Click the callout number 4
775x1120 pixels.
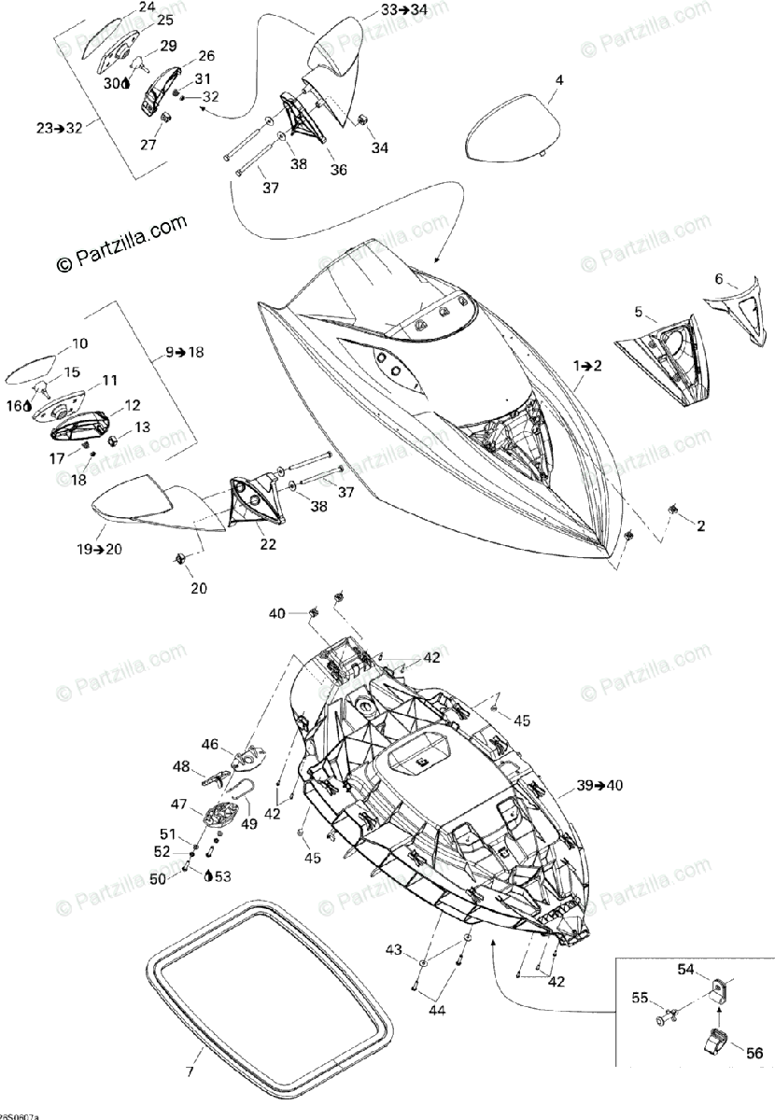[558, 80]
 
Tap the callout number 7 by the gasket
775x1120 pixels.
[190, 1071]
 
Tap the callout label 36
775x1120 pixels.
[337, 170]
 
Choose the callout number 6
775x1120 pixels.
[718, 278]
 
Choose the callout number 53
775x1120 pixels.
[221, 875]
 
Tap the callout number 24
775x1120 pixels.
[147, 7]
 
